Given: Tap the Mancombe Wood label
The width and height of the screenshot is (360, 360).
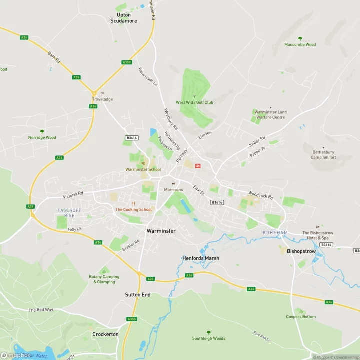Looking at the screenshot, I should [x=300, y=45].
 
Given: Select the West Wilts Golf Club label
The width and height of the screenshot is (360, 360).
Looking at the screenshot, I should [x=194, y=102].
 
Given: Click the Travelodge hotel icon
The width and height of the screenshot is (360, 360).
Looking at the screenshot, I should [x=102, y=93].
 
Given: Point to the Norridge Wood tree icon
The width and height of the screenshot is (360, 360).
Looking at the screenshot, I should [x=42, y=131].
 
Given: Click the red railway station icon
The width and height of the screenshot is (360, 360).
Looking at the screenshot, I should [x=198, y=165].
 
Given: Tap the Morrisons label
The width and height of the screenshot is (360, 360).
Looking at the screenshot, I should [x=174, y=190].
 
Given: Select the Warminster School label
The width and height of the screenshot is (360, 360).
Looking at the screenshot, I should [x=143, y=169].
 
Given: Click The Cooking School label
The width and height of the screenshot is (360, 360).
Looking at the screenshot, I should [x=133, y=209].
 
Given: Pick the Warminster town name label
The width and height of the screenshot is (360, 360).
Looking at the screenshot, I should [x=161, y=231].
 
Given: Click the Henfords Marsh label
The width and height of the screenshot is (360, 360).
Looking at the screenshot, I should [x=201, y=258].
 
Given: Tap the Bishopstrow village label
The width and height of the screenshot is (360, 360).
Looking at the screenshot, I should [x=301, y=251].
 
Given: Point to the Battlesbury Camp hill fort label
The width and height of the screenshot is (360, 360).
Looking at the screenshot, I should [x=324, y=154].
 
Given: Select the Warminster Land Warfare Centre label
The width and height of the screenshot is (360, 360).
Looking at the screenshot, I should [x=270, y=115].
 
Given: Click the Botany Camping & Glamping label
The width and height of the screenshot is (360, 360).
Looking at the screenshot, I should [x=104, y=279].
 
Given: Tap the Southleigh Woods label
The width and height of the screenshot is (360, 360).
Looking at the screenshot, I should [x=209, y=338].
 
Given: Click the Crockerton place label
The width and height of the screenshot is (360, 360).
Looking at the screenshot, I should [x=105, y=334].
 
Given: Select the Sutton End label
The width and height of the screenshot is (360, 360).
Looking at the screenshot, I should [x=138, y=295].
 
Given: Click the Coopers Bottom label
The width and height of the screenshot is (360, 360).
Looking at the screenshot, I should [x=301, y=317].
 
